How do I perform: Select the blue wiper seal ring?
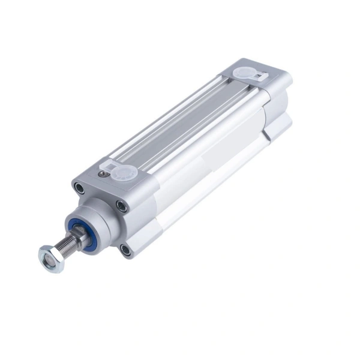click(x=86, y=229)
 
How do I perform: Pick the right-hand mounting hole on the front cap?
click(x=122, y=206)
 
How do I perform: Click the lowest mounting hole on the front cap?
click(x=125, y=248)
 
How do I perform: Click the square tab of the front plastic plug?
click(x=112, y=165)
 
